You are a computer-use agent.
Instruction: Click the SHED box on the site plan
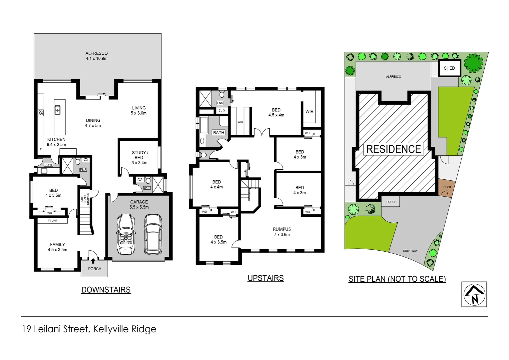(x=449, y=68)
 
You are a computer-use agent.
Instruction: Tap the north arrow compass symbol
(x=474, y=294)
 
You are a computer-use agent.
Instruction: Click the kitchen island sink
(x=57, y=110)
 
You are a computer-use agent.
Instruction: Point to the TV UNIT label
(x=53, y=221)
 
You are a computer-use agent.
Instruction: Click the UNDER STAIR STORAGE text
(x=85, y=199)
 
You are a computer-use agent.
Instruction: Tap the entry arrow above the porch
(x=93, y=261)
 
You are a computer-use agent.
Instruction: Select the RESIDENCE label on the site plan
(x=393, y=149)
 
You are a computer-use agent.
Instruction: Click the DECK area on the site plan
(x=447, y=188)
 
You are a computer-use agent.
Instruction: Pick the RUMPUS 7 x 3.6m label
(x=282, y=232)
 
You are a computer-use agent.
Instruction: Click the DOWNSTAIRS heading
(x=106, y=290)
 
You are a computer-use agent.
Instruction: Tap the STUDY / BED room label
(x=139, y=158)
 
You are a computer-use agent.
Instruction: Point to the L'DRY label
(x=49, y=165)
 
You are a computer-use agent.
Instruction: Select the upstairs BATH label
(x=219, y=133)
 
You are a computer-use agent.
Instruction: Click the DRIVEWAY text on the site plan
(x=410, y=251)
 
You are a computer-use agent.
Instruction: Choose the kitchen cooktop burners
(x=41, y=113)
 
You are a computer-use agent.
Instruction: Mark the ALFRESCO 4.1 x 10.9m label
(x=97, y=56)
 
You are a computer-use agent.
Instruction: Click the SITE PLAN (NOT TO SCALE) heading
(x=397, y=279)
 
